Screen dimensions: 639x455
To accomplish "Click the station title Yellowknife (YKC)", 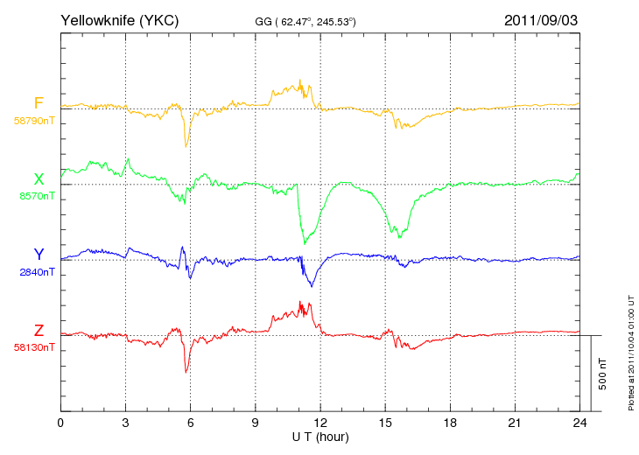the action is tap(119, 20).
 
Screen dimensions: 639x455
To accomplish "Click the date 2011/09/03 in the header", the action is tap(541, 20).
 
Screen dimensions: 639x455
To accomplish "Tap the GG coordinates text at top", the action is tap(305, 22).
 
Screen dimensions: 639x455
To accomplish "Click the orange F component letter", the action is tap(39, 103).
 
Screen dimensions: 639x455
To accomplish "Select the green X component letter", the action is tap(39, 179).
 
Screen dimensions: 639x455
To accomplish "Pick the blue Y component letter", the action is tap(39, 254).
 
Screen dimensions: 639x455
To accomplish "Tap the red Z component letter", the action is tap(39, 331).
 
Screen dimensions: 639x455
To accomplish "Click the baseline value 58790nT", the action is tap(34, 121).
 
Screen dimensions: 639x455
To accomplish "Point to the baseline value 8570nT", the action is tap(37, 196).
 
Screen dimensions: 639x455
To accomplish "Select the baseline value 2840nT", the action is tap(37, 272).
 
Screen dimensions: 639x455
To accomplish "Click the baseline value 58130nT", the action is tap(34, 347).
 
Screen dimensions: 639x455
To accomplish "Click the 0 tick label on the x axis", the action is tap(60, 423).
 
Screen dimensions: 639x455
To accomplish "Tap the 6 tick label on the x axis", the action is tap(190, 423).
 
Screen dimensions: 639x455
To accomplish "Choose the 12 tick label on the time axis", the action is tap(320, 423).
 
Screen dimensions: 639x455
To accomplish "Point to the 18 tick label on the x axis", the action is tap(450, 423).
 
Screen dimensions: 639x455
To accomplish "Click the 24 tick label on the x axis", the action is tap(579, 423).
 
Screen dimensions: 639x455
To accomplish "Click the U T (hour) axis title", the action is tap(320, 437).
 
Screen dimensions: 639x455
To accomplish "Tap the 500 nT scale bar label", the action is tap(603, 374).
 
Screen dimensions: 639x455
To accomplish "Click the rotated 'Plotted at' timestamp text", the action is tap(631, 353).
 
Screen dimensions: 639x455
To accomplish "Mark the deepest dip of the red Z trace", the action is tap(186, 372).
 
